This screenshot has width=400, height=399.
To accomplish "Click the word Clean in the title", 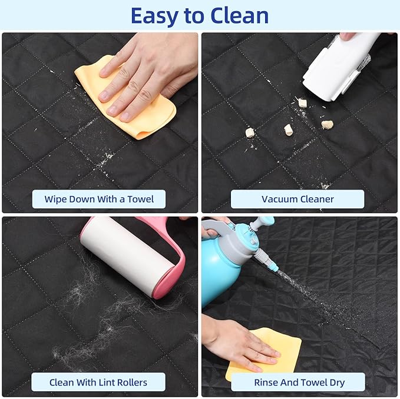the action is [240, 16].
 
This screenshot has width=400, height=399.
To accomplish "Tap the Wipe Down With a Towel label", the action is [99, 199].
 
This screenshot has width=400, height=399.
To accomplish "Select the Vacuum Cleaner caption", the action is [297, 199].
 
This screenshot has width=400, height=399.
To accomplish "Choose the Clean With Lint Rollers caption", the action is [98, 382].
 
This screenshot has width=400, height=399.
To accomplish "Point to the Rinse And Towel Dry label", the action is [299, 382].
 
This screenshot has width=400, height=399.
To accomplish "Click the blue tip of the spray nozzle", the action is [275, 267].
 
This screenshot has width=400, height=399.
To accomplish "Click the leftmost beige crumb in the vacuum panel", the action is [250, 132].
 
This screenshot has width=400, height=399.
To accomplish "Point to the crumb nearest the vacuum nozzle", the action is [303, 103].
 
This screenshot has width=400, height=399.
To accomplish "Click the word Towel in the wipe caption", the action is [141, 199].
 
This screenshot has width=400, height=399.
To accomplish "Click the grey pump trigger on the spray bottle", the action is [217, 225].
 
